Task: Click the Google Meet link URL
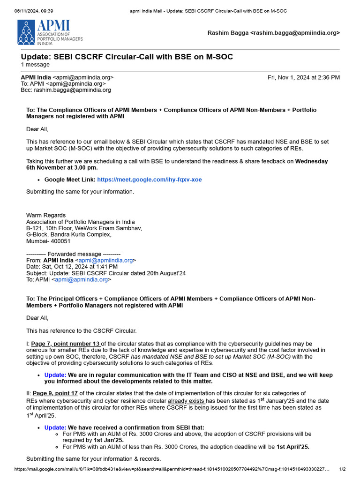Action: coord(149,180)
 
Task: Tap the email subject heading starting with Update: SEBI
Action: coord(127,57)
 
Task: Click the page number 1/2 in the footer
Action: coord(342,469)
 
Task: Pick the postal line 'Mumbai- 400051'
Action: coord(48,241)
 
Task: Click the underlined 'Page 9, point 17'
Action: coord(56,393)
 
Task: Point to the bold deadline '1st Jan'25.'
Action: coord(108,441)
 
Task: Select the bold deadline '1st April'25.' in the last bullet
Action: coord(293,447)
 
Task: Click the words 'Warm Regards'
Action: coord(46,215)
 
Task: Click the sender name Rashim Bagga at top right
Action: coord(228,33)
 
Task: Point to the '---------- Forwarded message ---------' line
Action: coord(73,254)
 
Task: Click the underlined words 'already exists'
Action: coord(186,401)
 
